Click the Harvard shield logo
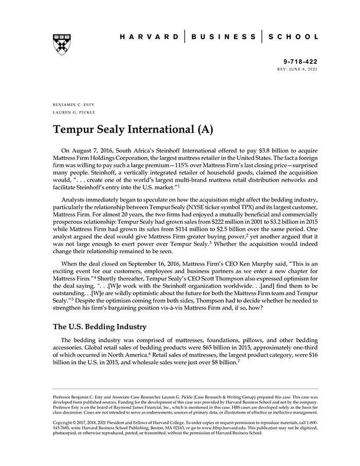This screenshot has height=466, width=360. (61, 45)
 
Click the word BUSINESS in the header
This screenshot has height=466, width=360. (223, 37)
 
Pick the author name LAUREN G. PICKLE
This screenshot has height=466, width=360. (74, 112)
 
